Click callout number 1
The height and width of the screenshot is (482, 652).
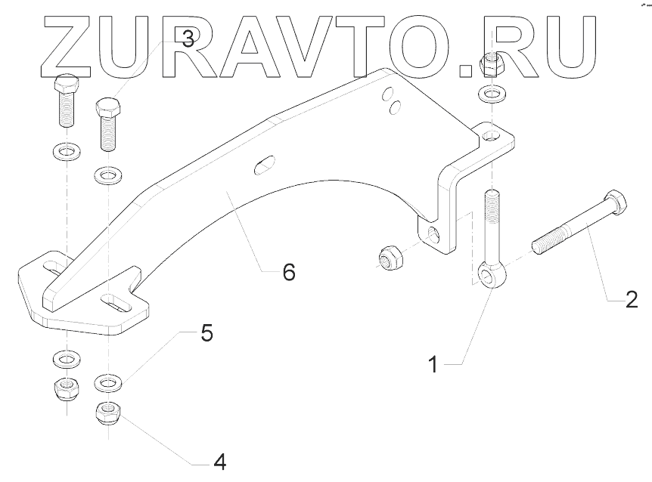point(433,365)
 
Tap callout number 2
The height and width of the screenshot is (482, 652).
point(631,301)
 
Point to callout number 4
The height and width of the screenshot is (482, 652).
point(219,460)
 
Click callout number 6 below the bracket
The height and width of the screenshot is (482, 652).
point(288,271)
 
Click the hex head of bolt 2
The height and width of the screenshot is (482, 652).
point(616,202)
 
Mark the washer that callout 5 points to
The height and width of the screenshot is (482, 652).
point(108,383)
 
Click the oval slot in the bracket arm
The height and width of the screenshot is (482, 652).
point(263,163)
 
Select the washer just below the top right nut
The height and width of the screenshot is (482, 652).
point(492,96)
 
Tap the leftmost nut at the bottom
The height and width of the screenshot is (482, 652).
point(67,390)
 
